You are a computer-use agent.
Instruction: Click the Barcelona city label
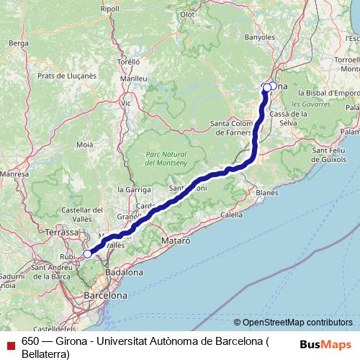pyautogui.click(x=105, y=295)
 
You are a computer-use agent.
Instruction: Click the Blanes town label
pyautogui.click(x=266, y=193)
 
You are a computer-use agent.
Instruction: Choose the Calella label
pyautogui.click(x=231, y=215)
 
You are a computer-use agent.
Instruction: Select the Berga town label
pyautogui.click(x=17, y=43)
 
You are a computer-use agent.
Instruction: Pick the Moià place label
pyautogui.click(x=85, y=145)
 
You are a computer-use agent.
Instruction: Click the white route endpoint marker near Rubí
pyautogui.click(x=87, y=253)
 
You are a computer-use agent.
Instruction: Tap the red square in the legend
pyautogui.click(x=7, y=343)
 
